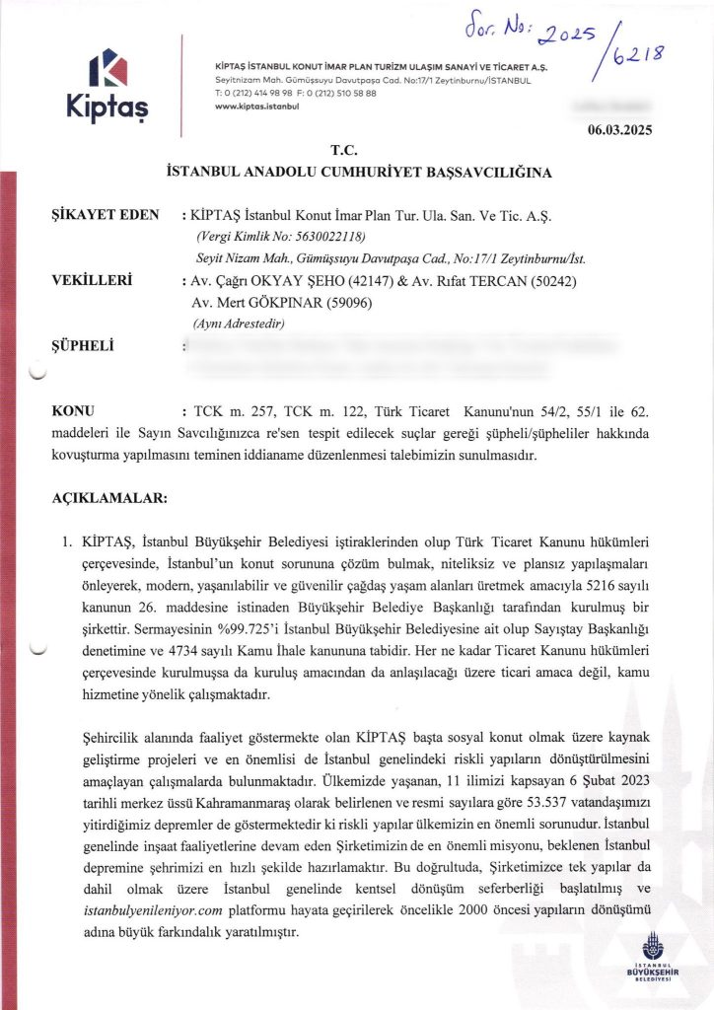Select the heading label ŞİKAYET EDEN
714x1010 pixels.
pos(98,215)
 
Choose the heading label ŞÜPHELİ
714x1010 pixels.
pos(83,345)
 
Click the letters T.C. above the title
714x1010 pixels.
pos(344,151)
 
